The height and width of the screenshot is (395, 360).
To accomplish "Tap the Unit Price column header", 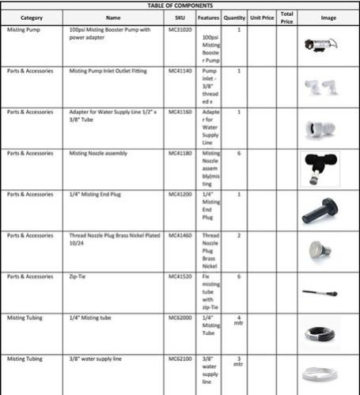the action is point(261,17).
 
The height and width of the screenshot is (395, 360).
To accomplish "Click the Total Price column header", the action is point(286,17).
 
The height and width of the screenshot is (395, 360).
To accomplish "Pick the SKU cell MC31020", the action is point(179,29).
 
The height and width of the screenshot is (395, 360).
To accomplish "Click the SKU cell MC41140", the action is point(179,70).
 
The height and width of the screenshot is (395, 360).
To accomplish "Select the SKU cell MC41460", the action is point(179,235).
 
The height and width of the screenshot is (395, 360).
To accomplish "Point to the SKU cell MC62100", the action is point(179,359).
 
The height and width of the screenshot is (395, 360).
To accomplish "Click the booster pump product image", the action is point(321,47).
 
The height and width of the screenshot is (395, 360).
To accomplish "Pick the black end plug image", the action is point(320,210).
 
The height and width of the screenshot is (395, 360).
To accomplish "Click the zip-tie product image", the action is point(320,292).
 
